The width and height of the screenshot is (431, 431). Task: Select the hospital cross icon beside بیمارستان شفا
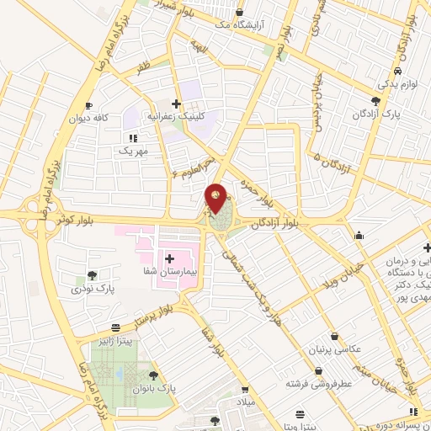[x=169, y=258]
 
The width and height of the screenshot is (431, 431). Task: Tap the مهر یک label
[x=133, y=151]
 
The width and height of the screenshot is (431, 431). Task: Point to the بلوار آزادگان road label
[x=278, y=221]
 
